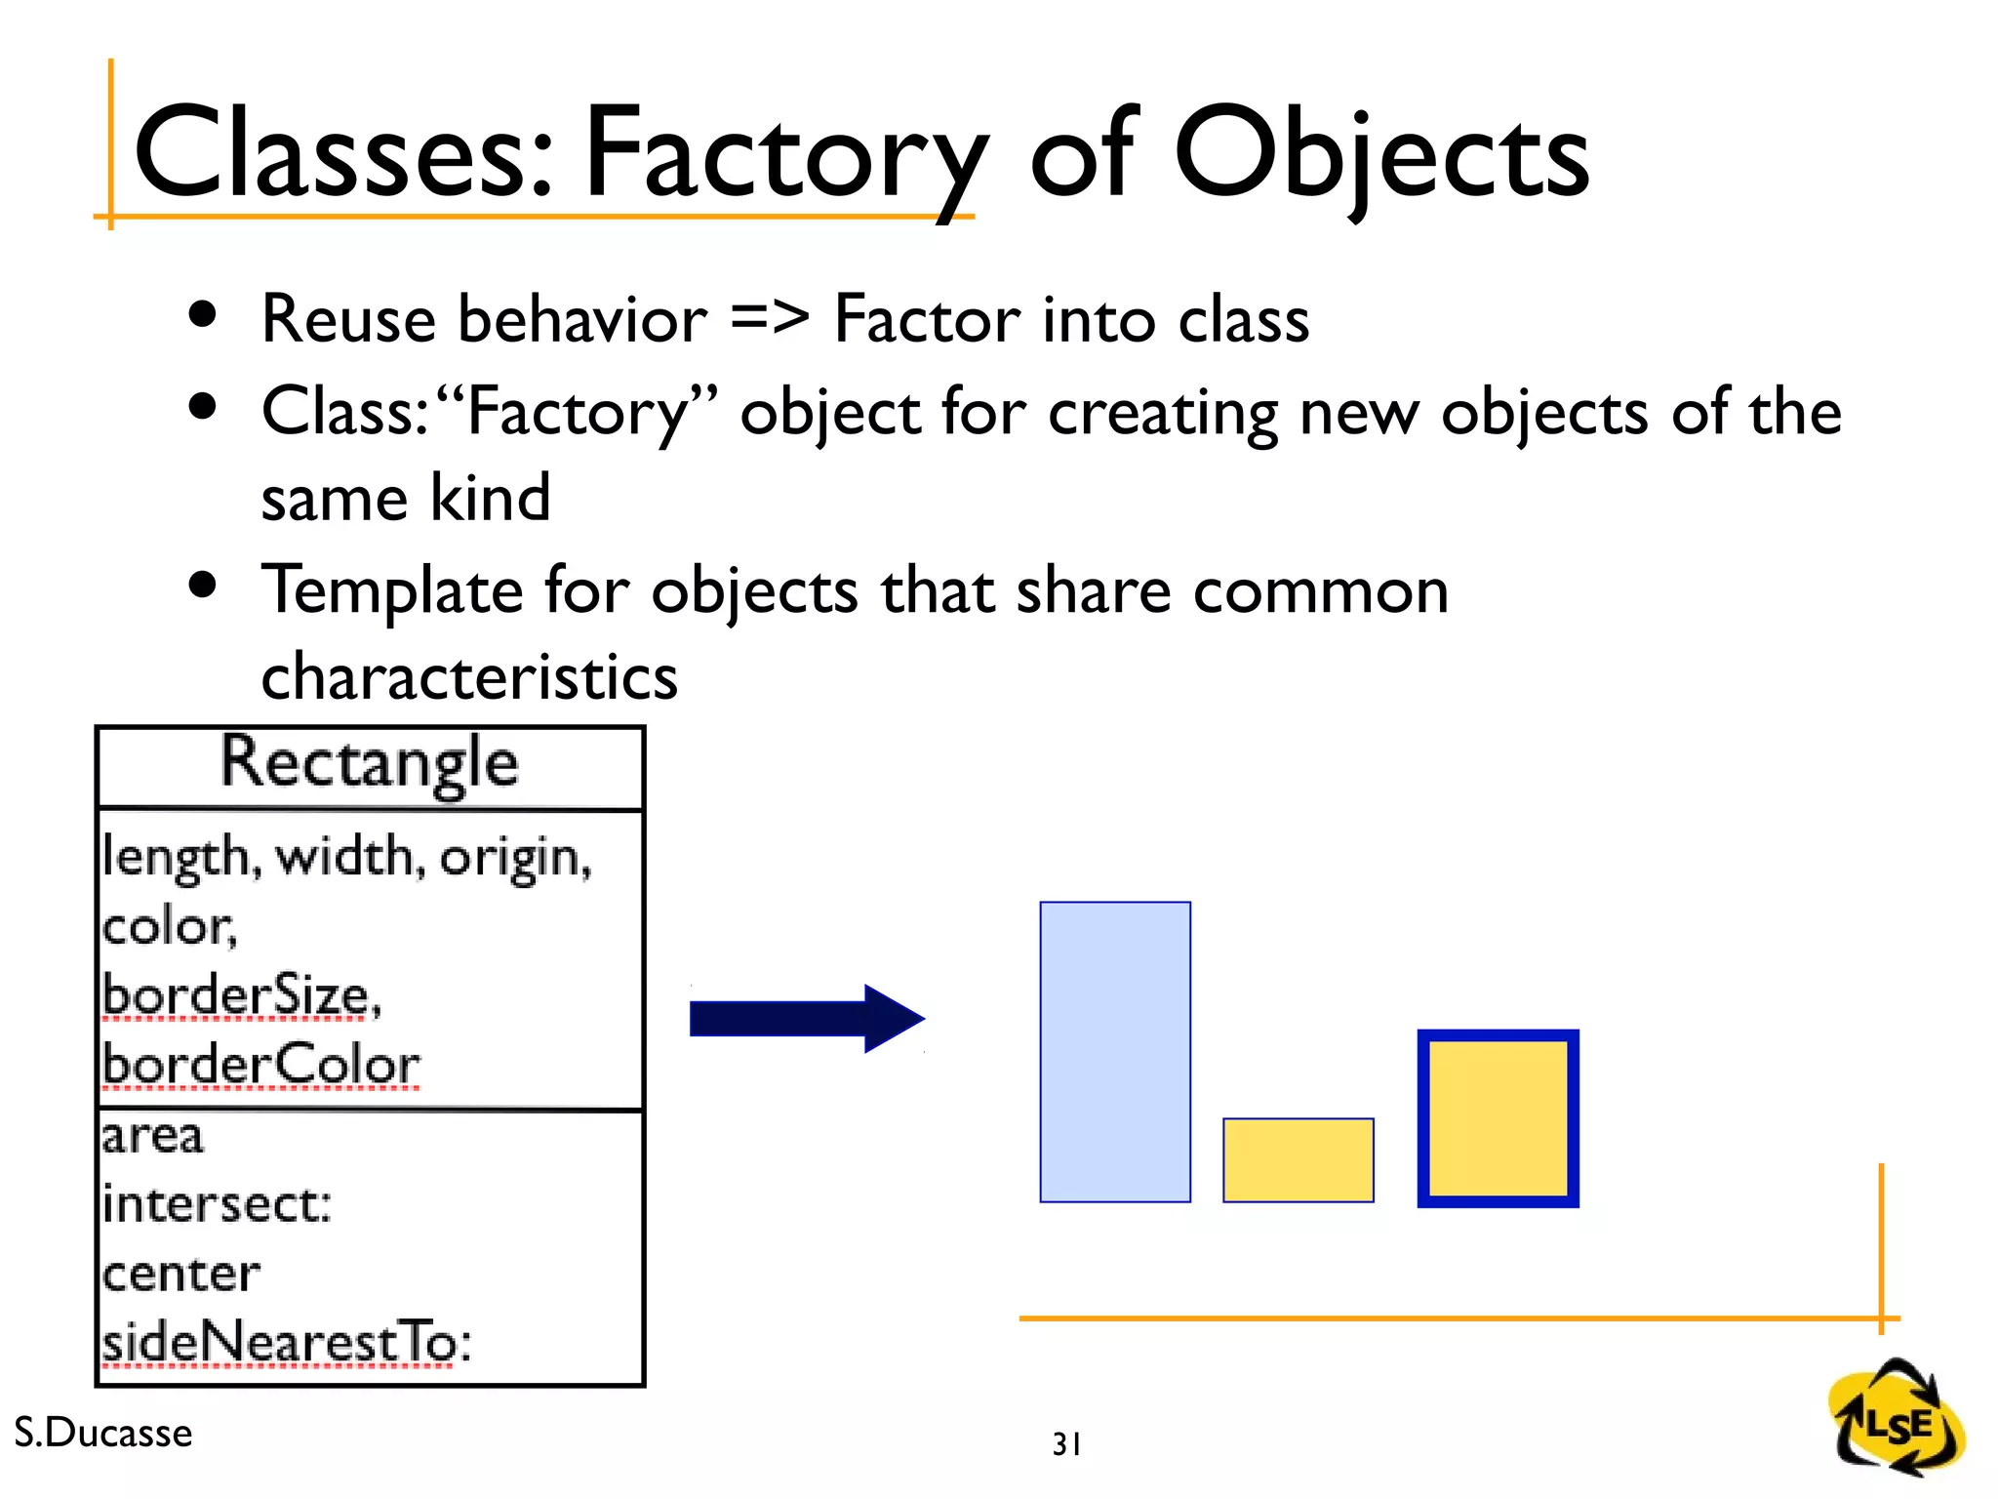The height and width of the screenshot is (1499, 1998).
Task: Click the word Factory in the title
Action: [x=785, y=156]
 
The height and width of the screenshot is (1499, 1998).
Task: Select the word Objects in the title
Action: [x=1380, y=156]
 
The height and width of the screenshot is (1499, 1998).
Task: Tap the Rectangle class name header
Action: [x=369, y=763]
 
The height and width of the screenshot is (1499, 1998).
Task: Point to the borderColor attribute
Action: [x=260, y=1065]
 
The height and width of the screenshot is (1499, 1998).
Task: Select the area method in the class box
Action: [x=153, y=1136]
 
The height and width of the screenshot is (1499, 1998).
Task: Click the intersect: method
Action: [x=217, y=1204]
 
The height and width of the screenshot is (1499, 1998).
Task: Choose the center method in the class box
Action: [x=181, y=1274]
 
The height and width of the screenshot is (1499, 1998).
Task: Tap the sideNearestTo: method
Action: [x=286, y=1343]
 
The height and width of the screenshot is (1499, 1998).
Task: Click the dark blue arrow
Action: [x=806, y=1019]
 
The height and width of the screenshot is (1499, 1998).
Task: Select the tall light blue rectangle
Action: [x=1115, y=1051]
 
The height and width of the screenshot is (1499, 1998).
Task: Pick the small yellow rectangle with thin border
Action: [x=1298, y=1160]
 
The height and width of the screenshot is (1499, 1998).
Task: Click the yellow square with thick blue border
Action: [x=1498, y=1118]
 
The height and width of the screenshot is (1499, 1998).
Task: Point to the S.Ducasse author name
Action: [x=103, y=1433]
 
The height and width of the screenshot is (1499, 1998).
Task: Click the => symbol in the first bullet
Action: [x=770, y=318]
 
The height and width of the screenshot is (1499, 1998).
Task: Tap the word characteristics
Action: [x=469, y=676]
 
